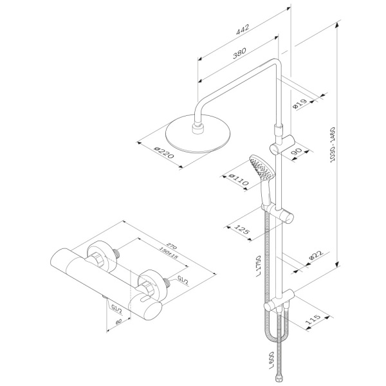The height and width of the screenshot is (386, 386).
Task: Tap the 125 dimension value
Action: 242,229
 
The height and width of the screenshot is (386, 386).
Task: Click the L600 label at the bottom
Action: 264,361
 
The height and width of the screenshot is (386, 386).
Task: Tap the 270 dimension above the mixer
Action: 172,246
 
